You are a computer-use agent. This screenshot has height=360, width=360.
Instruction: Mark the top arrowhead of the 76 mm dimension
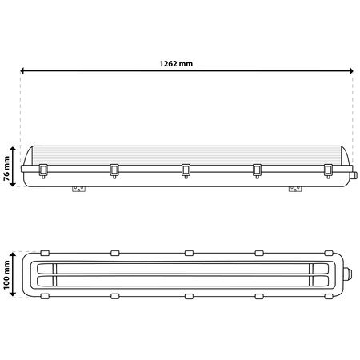(x=14, y=148)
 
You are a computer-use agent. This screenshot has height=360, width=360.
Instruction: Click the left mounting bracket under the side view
(x=79, y=190)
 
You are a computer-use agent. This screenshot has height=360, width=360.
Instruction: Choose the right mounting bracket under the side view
(x=295, y=190)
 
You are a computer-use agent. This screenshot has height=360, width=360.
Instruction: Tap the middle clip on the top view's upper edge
(x=189, y=252)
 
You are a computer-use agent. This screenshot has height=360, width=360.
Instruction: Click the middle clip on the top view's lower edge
(x=189, y=296)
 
